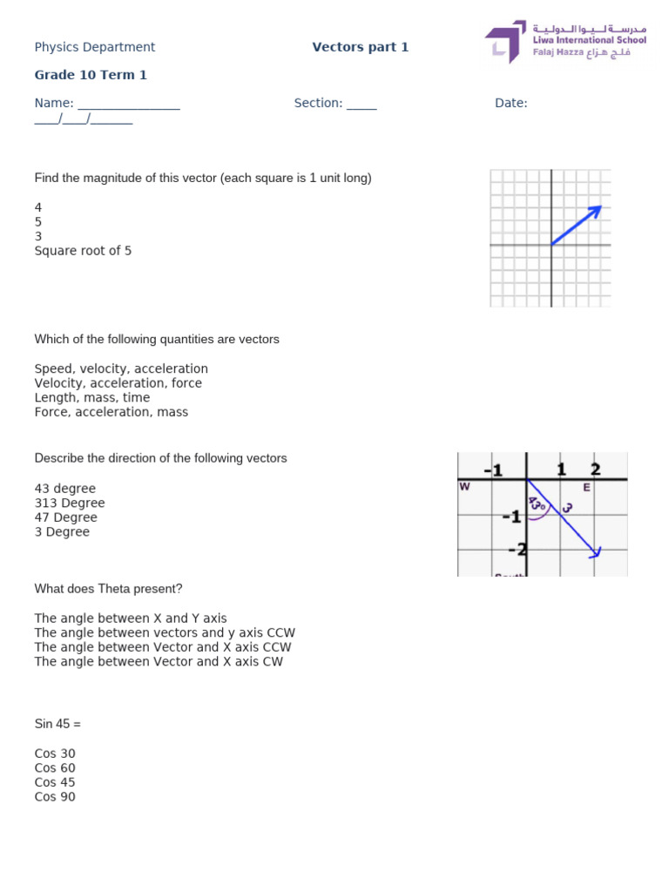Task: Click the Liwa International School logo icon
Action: tap(505, 42)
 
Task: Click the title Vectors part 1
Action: tap(360, 47)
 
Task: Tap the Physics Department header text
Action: tap(94, 47)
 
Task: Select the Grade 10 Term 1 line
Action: tap(91, 75)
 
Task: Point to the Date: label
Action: tap(510, 103)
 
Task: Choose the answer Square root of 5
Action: tap(83, 251)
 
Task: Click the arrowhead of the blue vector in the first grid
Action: tap(598, 209)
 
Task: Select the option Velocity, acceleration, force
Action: tap(118, 383)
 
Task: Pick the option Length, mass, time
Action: tap(91, 397)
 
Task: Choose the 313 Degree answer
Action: tap(69, 503)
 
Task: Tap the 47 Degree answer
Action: tap(65, 517)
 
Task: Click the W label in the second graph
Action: tap(464, 487)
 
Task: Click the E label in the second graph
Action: tap(586, 488)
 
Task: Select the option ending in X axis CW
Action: tap(159, 662)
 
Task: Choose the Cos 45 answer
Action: tap(55, 782)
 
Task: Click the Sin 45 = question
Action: tap(57, 724)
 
